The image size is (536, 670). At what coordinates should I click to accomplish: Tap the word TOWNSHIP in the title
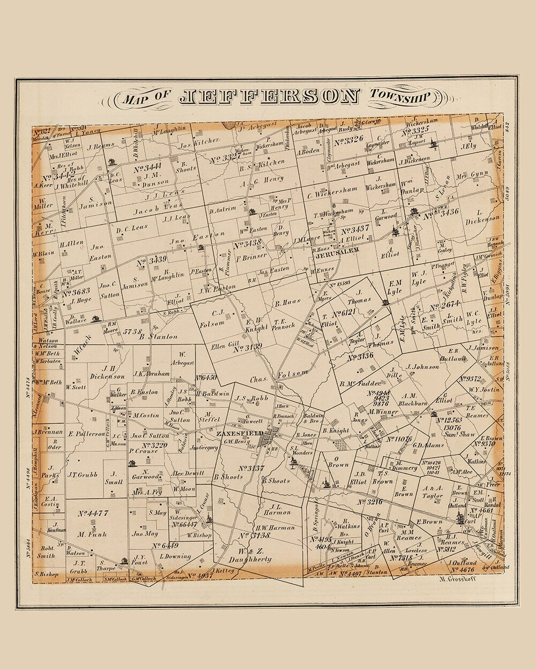tap(400, 96)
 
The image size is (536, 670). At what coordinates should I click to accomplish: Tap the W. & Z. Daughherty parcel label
tap(250, 555)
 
